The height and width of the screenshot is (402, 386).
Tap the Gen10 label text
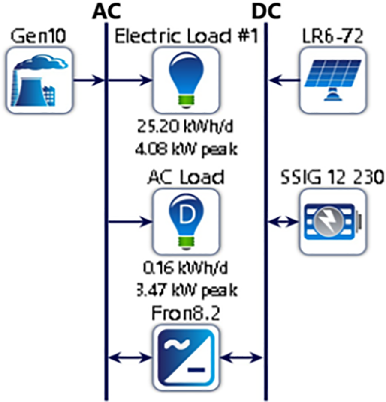(39, 36)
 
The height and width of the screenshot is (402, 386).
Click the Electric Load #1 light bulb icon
(186, 80)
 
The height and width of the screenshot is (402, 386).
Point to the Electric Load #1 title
(186, 36)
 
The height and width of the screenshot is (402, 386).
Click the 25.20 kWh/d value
(186, 127)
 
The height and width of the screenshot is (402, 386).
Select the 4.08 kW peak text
(186, 150)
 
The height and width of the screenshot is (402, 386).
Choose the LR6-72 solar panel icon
(333, 80)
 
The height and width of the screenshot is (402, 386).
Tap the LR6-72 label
(333, 36)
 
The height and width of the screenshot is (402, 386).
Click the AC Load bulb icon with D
(186, 221)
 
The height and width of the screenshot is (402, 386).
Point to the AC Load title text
(186, 177)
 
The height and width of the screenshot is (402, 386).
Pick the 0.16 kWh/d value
(186, 268)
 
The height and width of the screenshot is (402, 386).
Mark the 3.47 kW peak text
(186, 291)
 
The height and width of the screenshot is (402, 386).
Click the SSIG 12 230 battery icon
(333, 221)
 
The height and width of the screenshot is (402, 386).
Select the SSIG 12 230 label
(333, 177)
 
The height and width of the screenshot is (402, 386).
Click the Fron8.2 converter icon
(186, 356)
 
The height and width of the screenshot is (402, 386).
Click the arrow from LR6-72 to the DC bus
(284, 80)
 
